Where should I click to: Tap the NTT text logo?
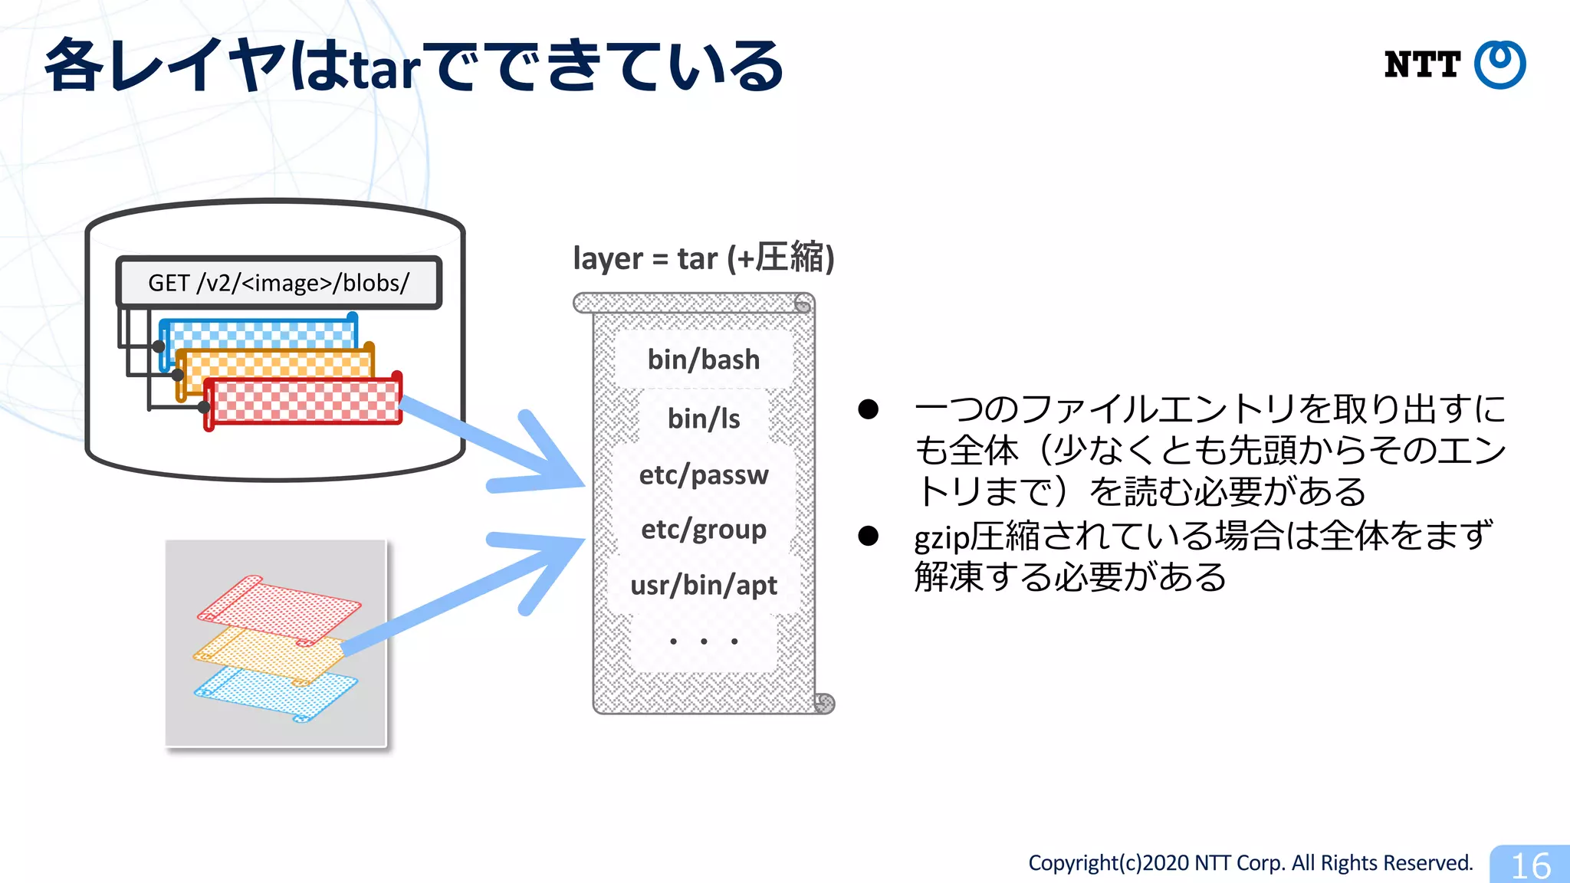(1422, 65)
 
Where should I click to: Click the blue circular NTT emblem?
(1500, 64)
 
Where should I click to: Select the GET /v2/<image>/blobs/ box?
(279, 283)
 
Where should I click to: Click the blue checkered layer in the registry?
(261, 333)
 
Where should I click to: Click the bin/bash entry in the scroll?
(703, 359)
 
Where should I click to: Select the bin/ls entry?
(703, 419)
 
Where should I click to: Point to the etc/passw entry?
(703, 474)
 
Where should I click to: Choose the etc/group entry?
(703, 530)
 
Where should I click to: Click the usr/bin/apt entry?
(703, 586)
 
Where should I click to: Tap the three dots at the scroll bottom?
(703, 642)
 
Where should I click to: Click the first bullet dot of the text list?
(868, 409)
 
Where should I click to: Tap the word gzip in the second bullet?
(941, 537)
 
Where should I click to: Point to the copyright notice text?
(1250, 863)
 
